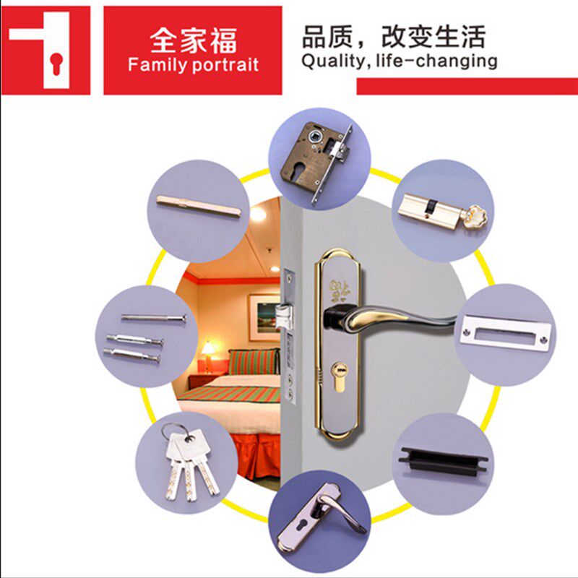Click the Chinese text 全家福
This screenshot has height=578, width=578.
(193, 41)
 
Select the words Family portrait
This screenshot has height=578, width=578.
(193, 65)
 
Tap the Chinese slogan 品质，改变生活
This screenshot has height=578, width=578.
(394, 37)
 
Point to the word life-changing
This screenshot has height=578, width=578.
(436, 61)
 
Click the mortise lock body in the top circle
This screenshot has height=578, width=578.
(316, 161)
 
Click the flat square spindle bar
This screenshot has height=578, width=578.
(199, 206)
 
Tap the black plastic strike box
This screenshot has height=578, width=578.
(443, 461)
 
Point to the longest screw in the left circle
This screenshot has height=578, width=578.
(154, 317)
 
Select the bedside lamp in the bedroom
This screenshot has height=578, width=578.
(209, 355)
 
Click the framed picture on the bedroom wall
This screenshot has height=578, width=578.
(264, 317)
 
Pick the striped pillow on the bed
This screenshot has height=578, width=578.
(254, 361)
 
